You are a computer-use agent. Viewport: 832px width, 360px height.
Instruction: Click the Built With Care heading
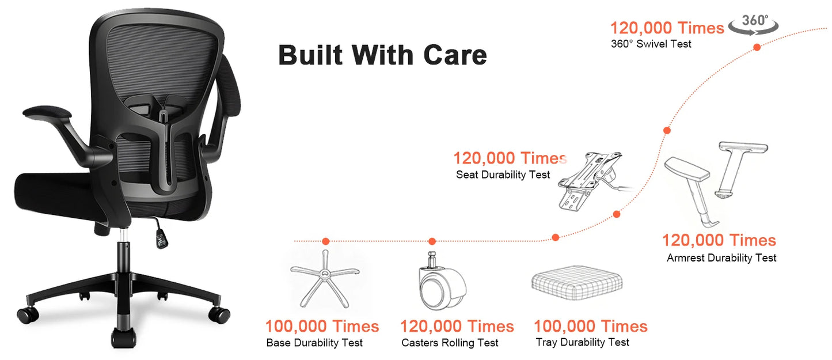(382, 55)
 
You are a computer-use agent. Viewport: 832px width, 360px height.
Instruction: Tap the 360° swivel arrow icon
(754, 24)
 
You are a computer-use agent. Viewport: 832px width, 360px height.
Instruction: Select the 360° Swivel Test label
(651, 44)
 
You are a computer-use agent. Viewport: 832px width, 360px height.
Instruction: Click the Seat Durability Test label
(503, 175)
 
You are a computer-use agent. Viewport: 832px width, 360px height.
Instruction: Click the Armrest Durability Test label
(721, 258)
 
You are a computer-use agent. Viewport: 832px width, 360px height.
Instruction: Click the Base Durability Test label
(314, 343)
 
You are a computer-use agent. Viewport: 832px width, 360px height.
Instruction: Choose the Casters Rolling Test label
(450, 343)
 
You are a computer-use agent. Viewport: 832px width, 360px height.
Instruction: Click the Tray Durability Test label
(582, 343)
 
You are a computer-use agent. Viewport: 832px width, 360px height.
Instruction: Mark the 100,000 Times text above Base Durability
(322, 327)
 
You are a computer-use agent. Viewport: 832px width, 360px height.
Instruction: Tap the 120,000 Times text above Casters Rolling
(457, 327)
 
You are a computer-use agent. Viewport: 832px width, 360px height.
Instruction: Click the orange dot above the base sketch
(326, 241)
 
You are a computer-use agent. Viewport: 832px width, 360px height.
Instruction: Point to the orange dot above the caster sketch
(432, 241)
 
